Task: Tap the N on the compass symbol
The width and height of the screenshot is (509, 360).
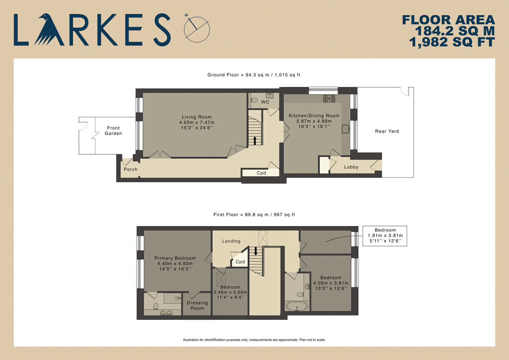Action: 187,15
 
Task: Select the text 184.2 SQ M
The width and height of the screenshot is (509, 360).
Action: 455,31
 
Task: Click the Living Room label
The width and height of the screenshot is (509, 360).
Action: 197,117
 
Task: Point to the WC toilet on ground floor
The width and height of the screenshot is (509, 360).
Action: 254,100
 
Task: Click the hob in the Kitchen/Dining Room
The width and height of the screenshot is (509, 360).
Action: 329,98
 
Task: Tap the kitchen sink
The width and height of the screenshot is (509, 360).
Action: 346,129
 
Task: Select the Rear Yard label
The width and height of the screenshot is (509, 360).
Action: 387,131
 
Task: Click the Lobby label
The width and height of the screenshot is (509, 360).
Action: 351,167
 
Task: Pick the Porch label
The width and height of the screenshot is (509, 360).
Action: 131,169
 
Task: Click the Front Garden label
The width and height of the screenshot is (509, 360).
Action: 113,131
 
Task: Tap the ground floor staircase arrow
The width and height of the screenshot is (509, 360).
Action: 255,141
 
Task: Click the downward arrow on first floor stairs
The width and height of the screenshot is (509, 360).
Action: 256,251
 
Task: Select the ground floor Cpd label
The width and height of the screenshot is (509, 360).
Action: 261,173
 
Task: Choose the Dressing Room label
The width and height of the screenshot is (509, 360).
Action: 197,305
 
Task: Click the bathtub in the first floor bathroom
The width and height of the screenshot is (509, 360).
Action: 297,306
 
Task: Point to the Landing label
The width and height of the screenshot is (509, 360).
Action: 231,241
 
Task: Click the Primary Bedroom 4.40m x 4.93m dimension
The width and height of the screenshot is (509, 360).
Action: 175,263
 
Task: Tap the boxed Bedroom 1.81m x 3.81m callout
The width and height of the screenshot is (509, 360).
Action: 385,236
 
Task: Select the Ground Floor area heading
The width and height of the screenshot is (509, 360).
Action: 254,75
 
